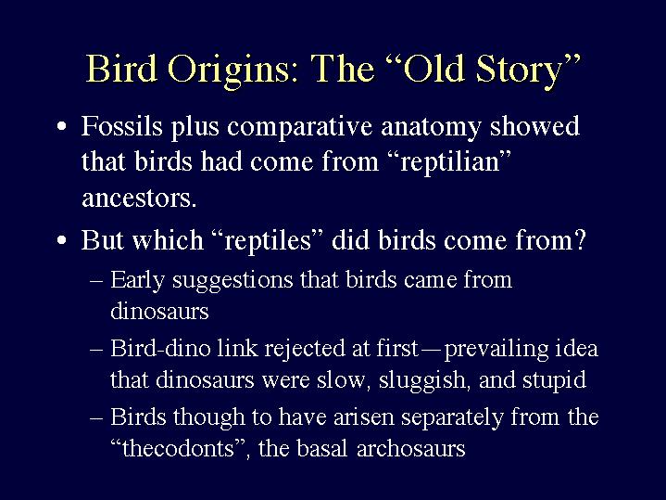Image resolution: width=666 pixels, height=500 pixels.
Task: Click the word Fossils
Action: click(x=122, y=126)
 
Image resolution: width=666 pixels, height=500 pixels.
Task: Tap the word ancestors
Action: click(x=139, y=199)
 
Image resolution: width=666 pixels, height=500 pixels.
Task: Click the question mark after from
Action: click(x=580, y=240)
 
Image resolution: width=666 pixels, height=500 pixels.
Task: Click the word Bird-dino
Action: click(x=160, y=348)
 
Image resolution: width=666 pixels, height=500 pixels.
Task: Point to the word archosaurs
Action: click(x=410, y=449)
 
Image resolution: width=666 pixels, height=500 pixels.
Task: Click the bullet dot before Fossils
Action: click(x=61, y=127)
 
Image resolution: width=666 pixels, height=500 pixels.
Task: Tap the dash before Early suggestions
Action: click(x=96, y=281)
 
